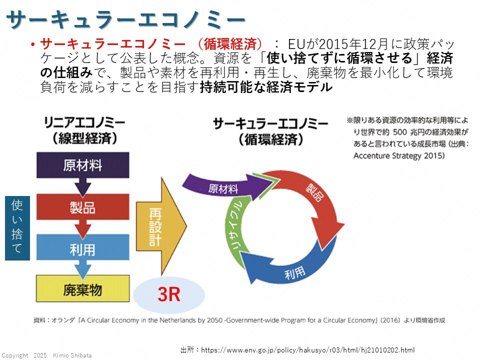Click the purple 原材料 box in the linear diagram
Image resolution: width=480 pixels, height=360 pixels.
point(83,165)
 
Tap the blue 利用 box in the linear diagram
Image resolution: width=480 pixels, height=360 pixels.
point(83,249)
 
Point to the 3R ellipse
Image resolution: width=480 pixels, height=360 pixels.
point(169,295)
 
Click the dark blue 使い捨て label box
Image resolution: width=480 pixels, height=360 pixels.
point(17,227)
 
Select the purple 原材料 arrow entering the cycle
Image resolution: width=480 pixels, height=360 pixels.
point(220,188)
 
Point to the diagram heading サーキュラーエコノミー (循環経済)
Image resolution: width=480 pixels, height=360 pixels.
point(270,131)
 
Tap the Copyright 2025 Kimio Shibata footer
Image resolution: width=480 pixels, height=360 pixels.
point(46,355)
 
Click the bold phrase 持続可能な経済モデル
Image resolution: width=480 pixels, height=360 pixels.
point(265,88)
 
